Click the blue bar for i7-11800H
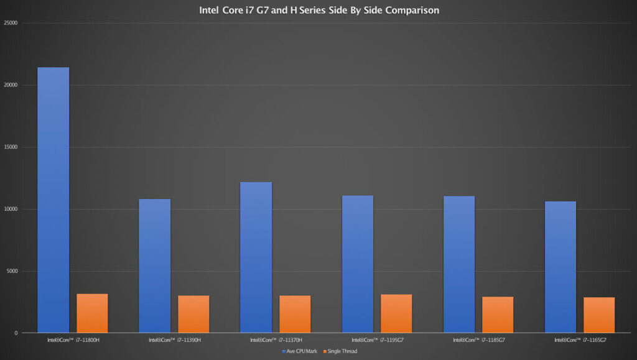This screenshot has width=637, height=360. click(53, 200)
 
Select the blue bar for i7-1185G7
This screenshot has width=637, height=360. click(459, 264)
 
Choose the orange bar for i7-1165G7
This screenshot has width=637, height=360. click(599, 315)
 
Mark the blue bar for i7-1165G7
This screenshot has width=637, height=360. click(560, 267)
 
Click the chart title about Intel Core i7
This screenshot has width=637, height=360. click(318, 11)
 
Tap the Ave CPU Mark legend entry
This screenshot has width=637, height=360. click(301, 351)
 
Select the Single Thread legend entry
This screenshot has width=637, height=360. click(340, 351)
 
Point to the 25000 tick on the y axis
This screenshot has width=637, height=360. click(11, 24)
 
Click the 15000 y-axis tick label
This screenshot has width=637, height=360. click(11, 147)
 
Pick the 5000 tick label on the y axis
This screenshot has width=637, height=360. click(12, 271)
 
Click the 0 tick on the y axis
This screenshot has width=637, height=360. click(16, 333)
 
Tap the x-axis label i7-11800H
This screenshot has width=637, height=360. click(73, 340)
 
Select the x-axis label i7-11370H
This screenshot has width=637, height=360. click(276, 340)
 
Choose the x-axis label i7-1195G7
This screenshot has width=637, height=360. click(377, 340)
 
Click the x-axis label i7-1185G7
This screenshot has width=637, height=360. click(478, 340)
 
